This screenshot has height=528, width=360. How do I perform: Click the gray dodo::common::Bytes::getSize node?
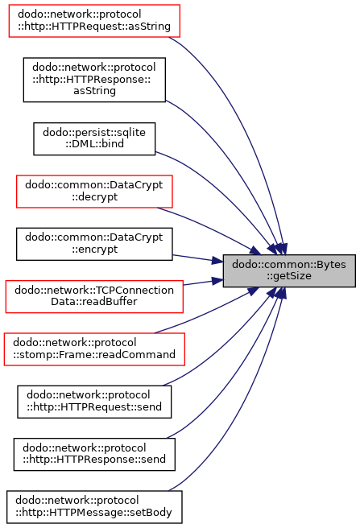(289, 270)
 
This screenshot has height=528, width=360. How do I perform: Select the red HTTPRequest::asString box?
(94, 21)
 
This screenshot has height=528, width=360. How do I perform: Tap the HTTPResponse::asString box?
(94, 80)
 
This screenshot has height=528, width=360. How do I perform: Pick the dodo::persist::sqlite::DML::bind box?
(94, 138)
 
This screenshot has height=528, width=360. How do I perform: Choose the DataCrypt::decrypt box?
(94, 192)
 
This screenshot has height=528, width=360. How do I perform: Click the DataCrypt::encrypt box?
(94, 244)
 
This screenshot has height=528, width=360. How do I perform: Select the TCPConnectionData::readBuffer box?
(94, 297)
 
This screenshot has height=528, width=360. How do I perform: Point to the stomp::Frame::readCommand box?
(94, 349)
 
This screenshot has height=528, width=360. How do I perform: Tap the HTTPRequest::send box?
(94, 402)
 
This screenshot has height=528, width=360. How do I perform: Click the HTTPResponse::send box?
(94, 455)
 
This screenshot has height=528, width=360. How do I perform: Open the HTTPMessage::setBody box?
(94, 507)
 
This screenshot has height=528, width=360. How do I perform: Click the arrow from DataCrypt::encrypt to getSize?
(198, 258)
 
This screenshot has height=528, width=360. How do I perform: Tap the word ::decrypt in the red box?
(94, 196)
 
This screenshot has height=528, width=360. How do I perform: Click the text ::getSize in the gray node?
(289, 276)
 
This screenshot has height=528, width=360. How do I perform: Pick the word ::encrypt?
(94, 250)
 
